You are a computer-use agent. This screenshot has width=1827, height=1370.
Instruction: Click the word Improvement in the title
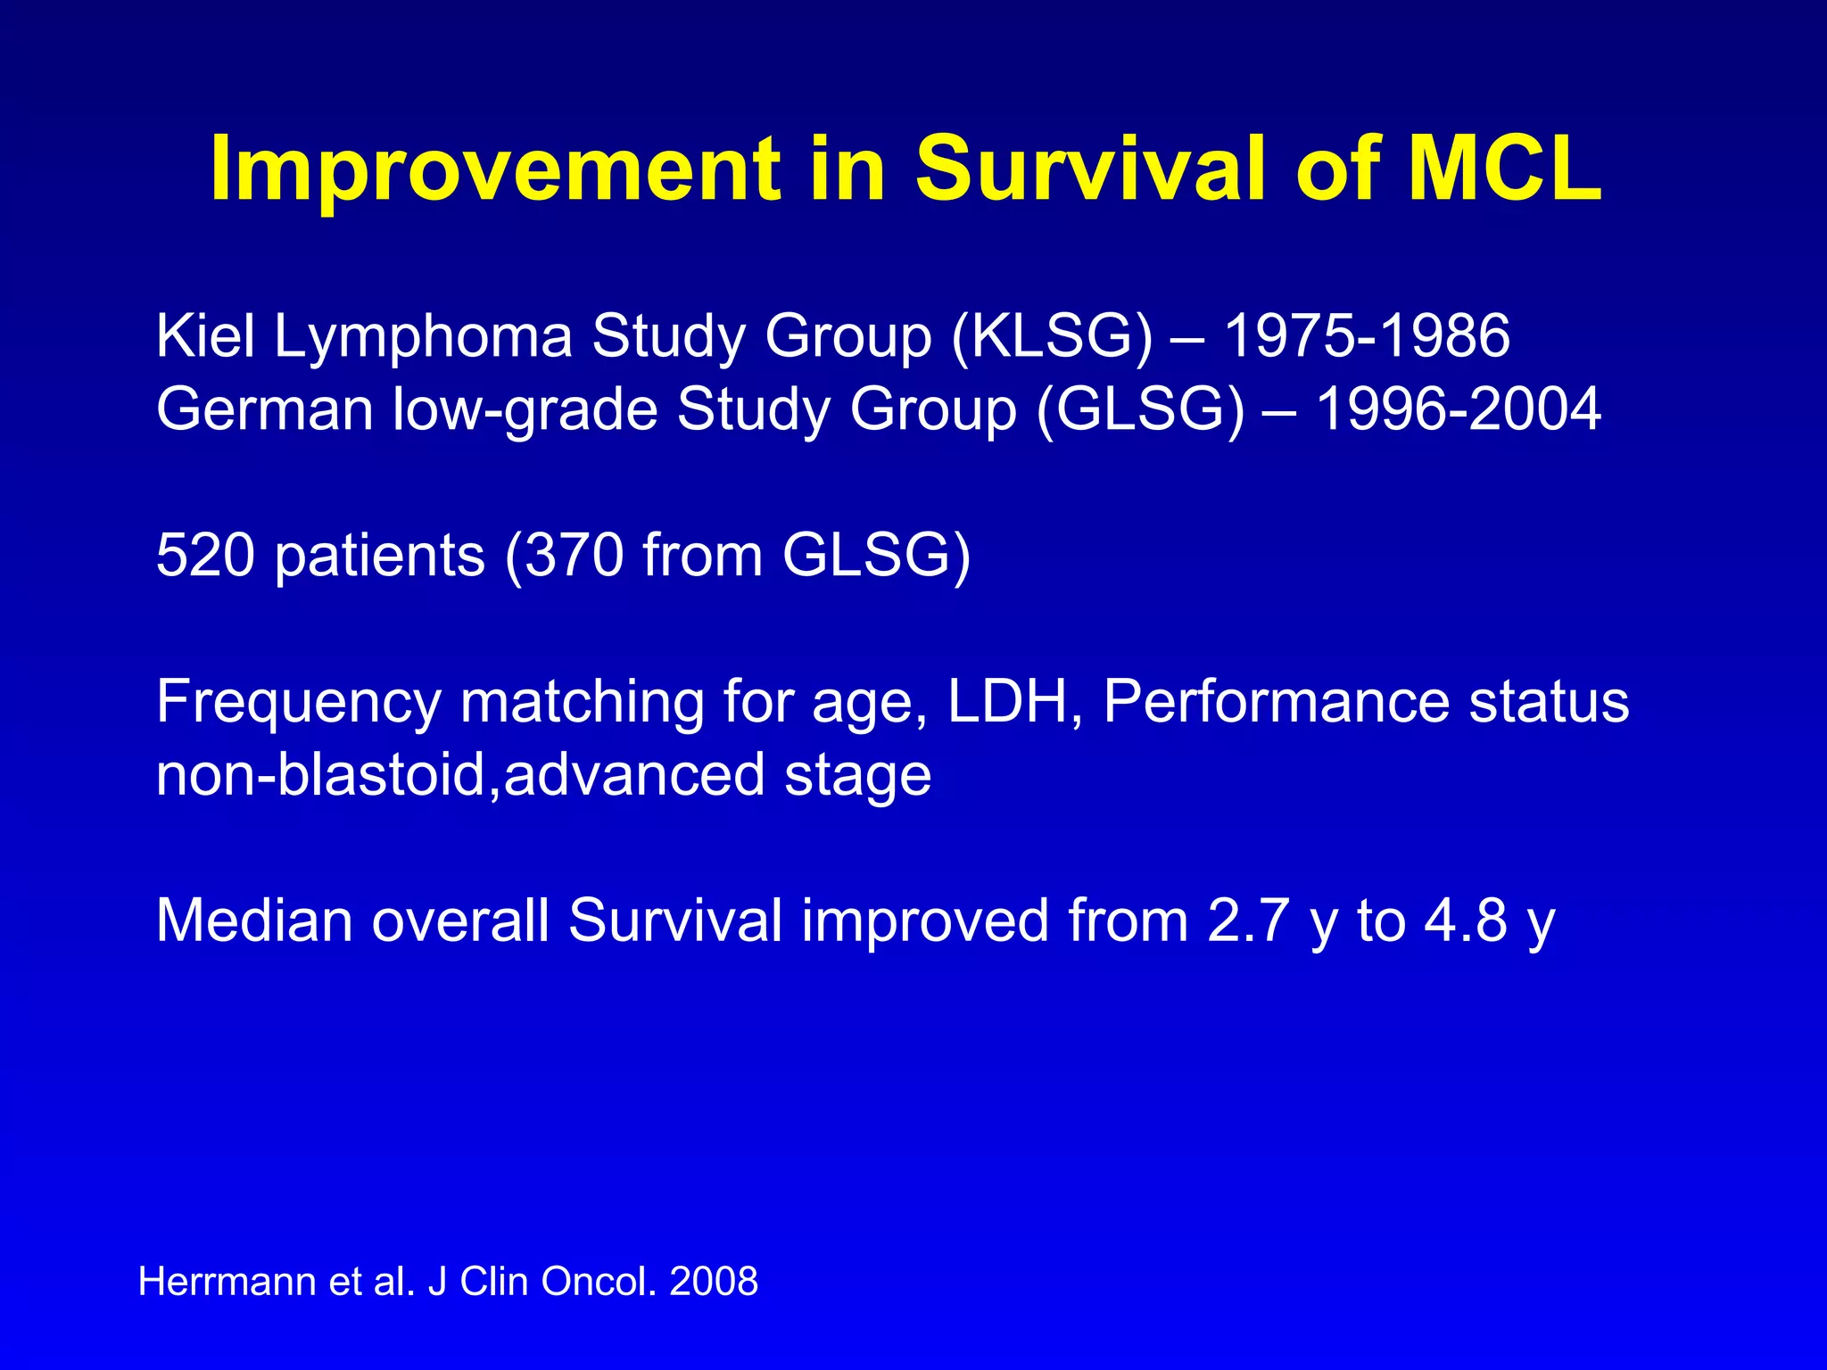point(496,169)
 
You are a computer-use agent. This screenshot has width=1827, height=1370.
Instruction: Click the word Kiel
point(205,336)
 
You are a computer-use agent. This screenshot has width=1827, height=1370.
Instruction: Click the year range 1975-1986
point(1366,336)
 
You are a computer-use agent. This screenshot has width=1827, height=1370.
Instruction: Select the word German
point(264,409)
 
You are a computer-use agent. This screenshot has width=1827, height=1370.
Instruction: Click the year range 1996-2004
point(1459,409)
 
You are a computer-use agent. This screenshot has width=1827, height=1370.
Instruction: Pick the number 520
point(206,556)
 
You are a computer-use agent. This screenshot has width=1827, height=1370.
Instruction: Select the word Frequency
point(298,703)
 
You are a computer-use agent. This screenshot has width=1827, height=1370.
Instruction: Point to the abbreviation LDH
point(1008,701)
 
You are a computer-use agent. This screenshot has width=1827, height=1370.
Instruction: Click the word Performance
point(1277,701)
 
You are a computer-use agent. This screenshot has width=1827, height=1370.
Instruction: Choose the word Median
point(254,920)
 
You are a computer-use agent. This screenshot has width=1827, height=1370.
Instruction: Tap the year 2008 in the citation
point(713,1282)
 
